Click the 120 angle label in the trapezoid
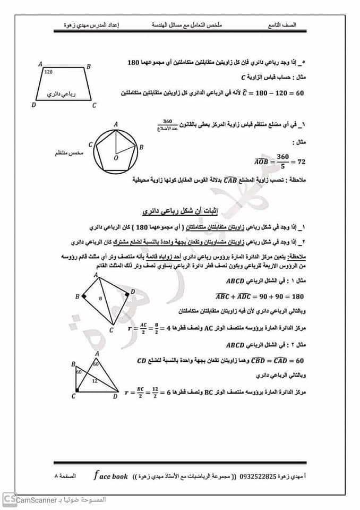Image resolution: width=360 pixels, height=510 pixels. pos(49,71)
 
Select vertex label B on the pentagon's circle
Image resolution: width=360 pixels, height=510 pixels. pos(141,147)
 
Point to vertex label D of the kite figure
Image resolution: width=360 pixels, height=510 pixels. pos(133,292)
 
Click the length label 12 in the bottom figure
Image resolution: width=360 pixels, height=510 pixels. pos(94,381)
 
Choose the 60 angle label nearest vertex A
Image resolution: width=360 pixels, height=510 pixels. pos(96,365)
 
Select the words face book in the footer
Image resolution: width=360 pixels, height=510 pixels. pos(110,476)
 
